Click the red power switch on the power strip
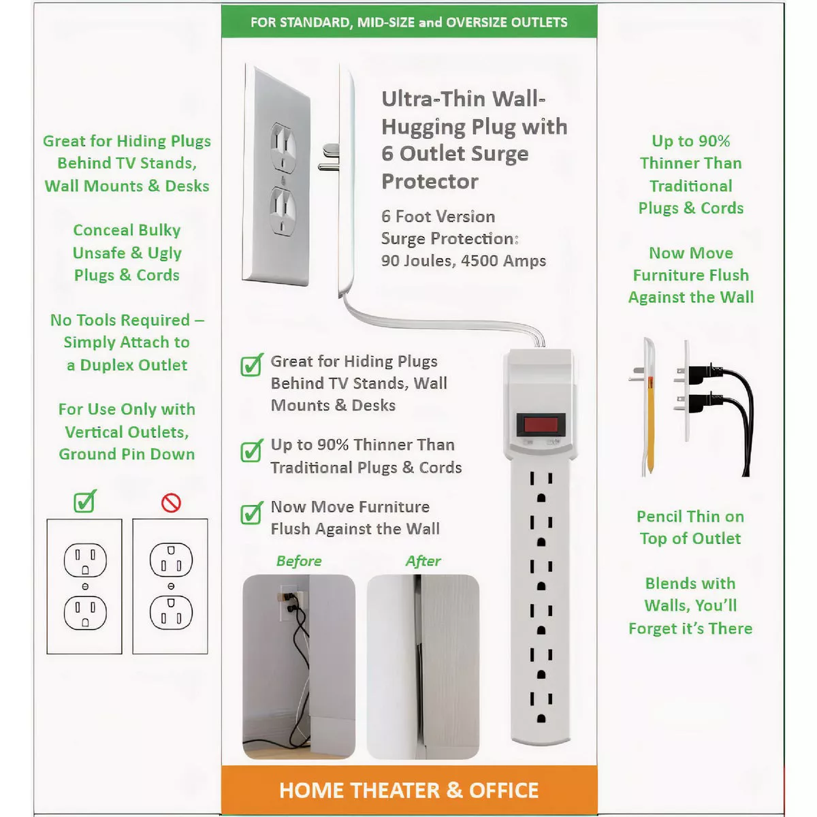click(x=541, y=424)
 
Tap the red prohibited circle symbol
click(x=171, y=503)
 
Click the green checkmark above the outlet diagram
click(x=85, y=501)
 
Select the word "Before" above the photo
click(x=299, y=561)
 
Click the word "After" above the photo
click(x=423, y=561)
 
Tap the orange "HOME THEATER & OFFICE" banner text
click(x=408, y=790)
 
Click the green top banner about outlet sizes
click(x=409, y=22)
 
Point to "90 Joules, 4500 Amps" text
click(x=464, y=261)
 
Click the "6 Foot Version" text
click(x=438, y=217)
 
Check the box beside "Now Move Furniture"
click(x=252, y=513)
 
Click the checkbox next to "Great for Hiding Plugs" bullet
click(x=252, y=365)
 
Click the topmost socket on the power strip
click(x=541, y=487)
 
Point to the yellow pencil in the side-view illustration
click(x=650, y=423)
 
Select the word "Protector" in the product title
click(x=430, y=182)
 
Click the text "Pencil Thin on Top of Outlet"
click(x=690, y=528)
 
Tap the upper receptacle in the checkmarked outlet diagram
click(x=85, y=560)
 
